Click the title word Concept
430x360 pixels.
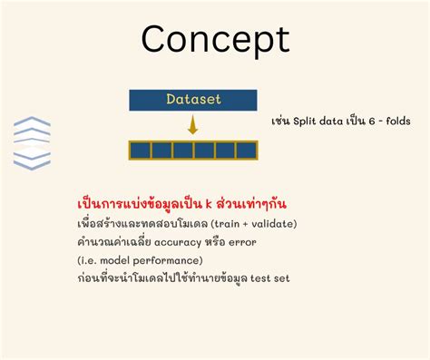click(x=215, y=39)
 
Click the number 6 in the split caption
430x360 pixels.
click(x=366, y=121)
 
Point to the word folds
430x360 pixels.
click(x=395, y=121)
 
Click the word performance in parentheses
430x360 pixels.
click(x=171, y=259)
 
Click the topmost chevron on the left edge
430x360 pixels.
click(x=32, y=122)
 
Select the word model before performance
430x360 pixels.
click(x=123, y=259)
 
